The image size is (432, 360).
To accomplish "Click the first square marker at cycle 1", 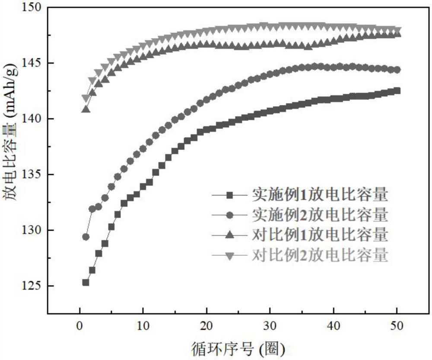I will tap(86, 282).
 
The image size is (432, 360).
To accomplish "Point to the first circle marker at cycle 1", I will tap(86, 237).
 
